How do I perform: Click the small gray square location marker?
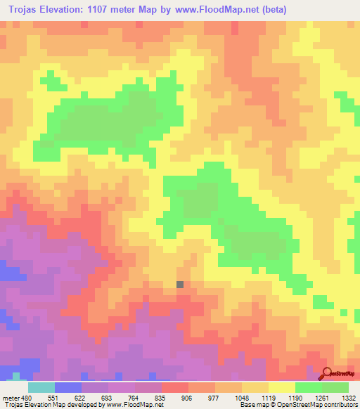coord(180,284)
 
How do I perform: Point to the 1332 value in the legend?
coord(349,397)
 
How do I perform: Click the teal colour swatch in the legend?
coord(41,387)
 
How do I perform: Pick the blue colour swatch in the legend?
coord(68,387)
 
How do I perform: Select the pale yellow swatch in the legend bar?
coord(282,387)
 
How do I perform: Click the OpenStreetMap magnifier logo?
coord(326,374)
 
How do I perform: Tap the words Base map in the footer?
coord(252,405)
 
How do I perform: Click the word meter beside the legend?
coord(10,397)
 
